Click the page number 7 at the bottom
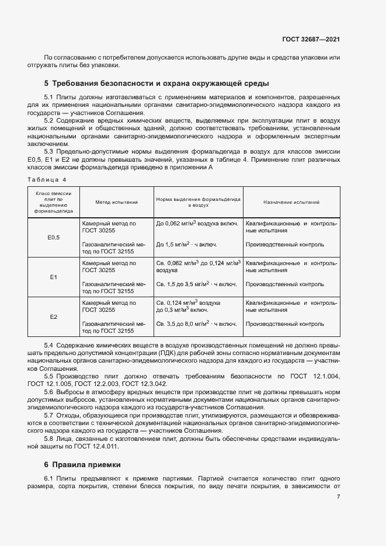pos(339,497)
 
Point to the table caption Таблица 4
pos(47,179)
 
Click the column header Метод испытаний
pos(116,202)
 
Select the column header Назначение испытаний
pos(291,202)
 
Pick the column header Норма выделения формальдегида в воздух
pos(198,202)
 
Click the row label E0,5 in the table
pos(53,238)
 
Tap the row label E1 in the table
pos(53,277)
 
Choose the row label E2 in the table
pos(53,317)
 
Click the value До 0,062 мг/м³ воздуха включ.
pos(197,223)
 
